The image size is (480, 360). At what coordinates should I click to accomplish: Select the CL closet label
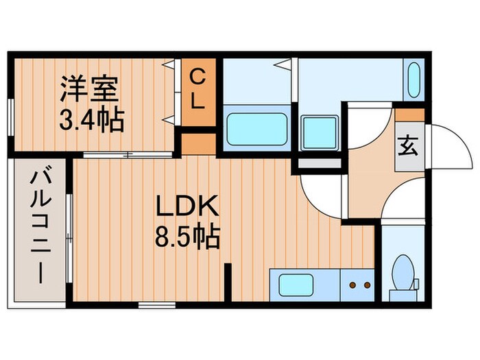(197, 89)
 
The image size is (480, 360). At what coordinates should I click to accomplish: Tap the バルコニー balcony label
(38, 227)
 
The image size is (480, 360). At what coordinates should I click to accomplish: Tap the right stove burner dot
(368, 283)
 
